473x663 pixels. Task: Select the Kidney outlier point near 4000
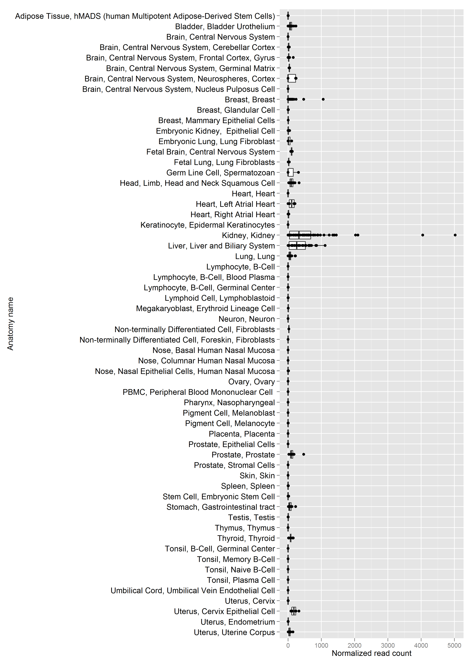pos(423,235)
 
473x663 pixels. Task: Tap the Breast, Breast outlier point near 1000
pos(323,99)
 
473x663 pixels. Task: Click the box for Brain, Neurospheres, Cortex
pos(292,78)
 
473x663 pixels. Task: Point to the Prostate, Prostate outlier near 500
pos(304,454)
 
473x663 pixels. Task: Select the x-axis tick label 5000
pos(454,645)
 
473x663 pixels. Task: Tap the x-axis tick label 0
pos(288,645)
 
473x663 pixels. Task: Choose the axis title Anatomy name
pos(11,324)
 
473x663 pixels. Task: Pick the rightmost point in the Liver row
pos(325,245)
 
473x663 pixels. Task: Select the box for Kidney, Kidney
pos(300,235)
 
